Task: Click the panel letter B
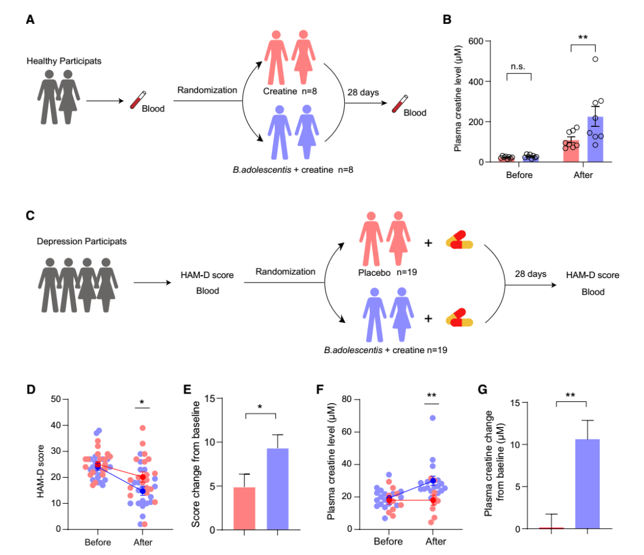[447, 19]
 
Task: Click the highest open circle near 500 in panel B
[595, 59]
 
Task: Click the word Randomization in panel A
[207, 90]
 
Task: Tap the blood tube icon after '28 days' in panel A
[397, 105]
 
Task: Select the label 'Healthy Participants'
[64, 61]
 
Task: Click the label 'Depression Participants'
[82, 241]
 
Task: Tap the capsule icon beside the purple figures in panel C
[459, 318]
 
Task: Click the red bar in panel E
[244, 507]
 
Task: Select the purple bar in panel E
[277, 488]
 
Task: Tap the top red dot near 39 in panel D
[143, 428]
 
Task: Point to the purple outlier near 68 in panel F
[433, 418]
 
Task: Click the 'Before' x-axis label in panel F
[388, 542]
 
